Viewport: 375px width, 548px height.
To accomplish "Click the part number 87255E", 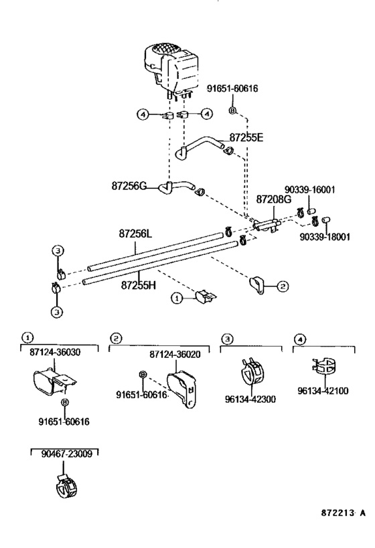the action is pos(246,137).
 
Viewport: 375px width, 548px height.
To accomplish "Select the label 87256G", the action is pos(129,186).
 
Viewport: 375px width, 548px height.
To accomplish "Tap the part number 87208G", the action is pos(274,199).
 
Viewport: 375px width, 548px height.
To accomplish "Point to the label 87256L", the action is pos(135,234).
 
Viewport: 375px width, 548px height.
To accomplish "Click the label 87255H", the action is pos(139,286).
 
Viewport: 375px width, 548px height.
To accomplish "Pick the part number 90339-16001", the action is pos(309,190).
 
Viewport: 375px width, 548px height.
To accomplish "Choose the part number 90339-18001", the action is pos(325,237).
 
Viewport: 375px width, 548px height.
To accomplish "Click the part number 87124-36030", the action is pos(55,352).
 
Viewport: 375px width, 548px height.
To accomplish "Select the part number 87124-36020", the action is pos(175,355).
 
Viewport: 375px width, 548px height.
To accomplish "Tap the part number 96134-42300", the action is pos(250,399).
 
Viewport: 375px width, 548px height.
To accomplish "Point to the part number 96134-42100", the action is pos(323,391).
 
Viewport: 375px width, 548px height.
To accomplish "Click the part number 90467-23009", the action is pos(67,454).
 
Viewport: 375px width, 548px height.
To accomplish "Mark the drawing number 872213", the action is pos(337,513).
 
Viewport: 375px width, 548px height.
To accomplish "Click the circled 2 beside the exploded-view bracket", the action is pos(283,286).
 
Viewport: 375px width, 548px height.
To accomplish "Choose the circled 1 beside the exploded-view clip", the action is pos(177,298).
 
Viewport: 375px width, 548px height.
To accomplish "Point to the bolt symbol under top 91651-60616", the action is pos(232,110).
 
